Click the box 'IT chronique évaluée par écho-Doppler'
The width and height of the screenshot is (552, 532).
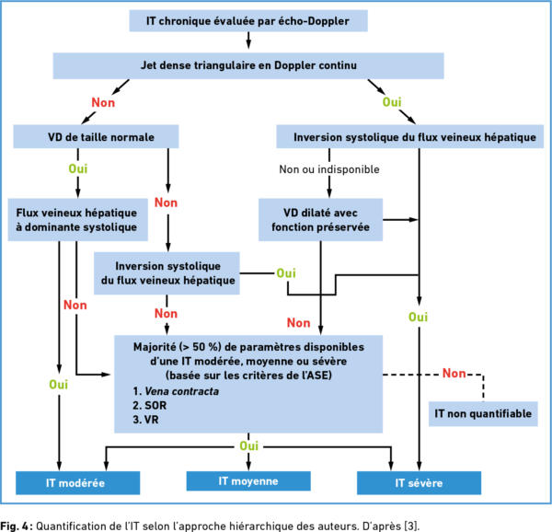[248, 21]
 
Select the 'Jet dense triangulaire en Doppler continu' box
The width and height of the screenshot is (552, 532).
[248, 65]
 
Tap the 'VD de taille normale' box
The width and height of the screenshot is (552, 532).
[96, 136]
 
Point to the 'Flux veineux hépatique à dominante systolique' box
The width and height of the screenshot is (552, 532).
[78, 220]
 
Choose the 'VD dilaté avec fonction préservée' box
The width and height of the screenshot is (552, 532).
[321, 220]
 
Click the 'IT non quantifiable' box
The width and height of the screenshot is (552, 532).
[483, 413]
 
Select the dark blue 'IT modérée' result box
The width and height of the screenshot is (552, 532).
[78, 482]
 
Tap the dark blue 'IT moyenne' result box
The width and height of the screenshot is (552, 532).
[248, 481]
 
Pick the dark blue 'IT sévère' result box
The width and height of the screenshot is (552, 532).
[419, 482]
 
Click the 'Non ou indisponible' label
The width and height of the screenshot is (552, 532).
[329, 169]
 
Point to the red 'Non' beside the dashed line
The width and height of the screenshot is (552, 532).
[454, 373]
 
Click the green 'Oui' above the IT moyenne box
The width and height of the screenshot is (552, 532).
[249, 445]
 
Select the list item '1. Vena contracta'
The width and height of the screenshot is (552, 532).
[176, 391]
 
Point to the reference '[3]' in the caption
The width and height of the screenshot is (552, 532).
[411, 526]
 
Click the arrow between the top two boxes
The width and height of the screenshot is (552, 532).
[248, 40]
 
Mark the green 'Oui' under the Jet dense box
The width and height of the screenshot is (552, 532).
[392, 102]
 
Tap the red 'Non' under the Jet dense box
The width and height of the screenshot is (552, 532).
[103, 102]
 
